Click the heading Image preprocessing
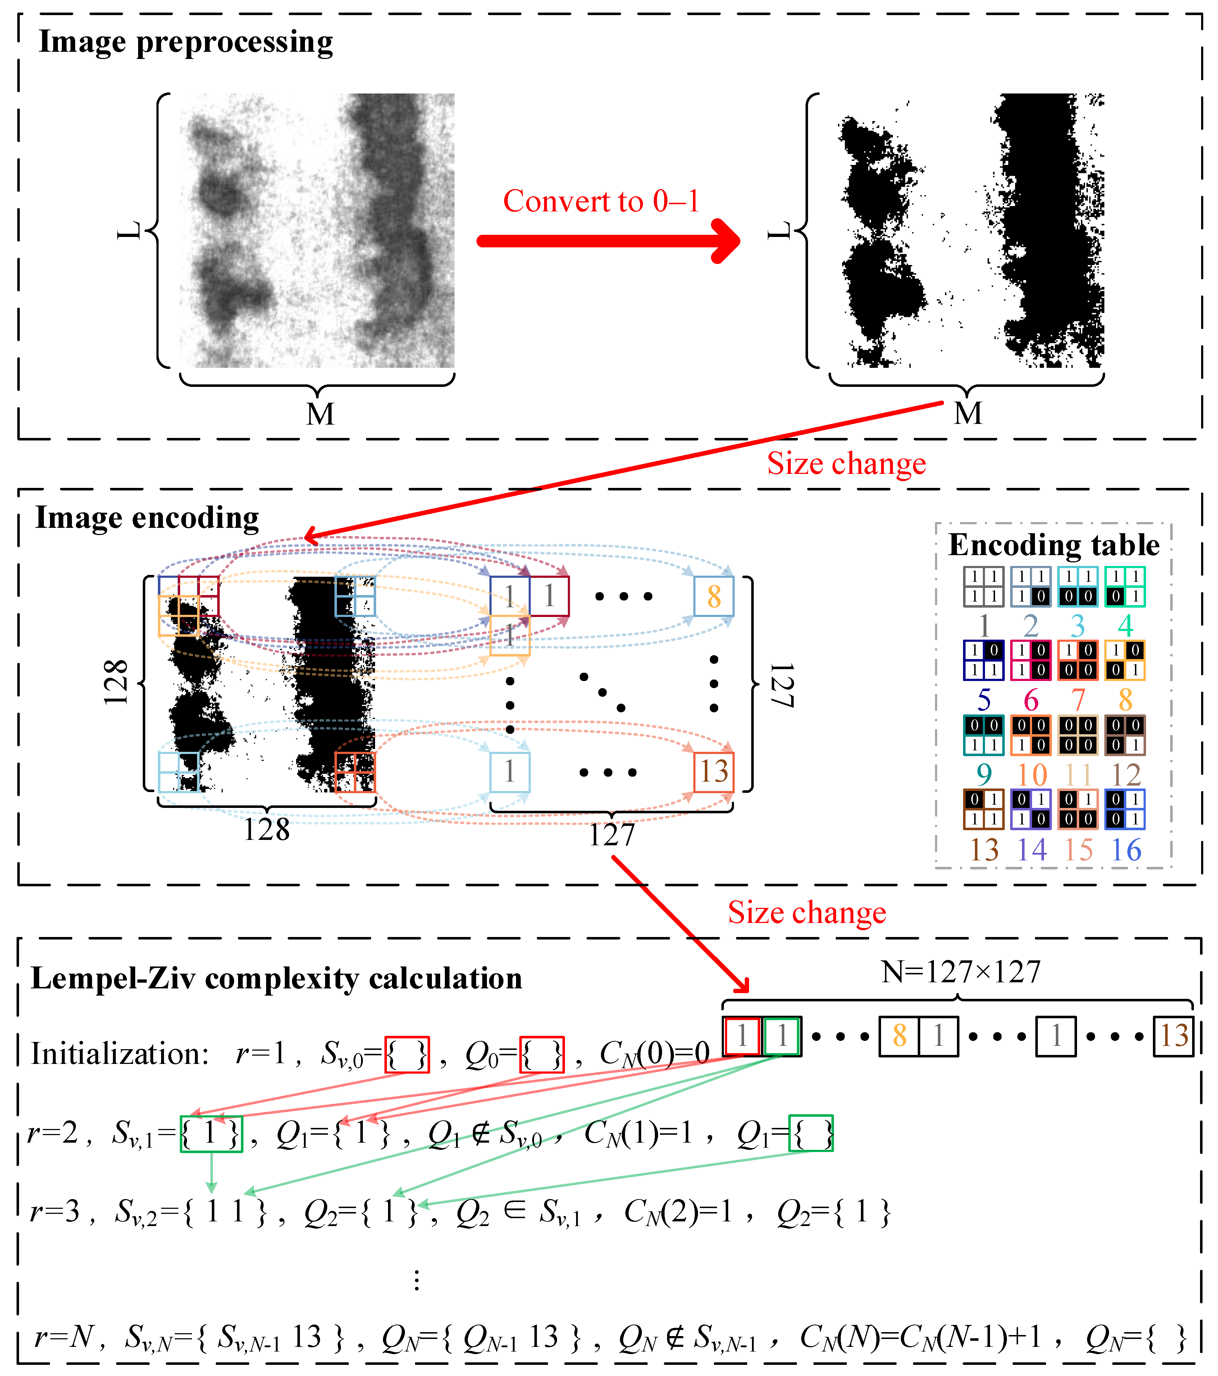[x=186, y=42]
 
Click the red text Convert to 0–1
[x=601, y=201]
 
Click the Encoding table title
[x=1054, y=545]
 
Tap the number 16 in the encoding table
[x=1126, y=850]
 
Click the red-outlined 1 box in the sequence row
[x=742, y=1036]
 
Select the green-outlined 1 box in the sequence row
[x=782, y=1036]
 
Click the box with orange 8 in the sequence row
[x=899, y=1036]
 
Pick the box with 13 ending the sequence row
[x=1173, y=1036]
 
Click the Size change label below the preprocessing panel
[x=846, y=464]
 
